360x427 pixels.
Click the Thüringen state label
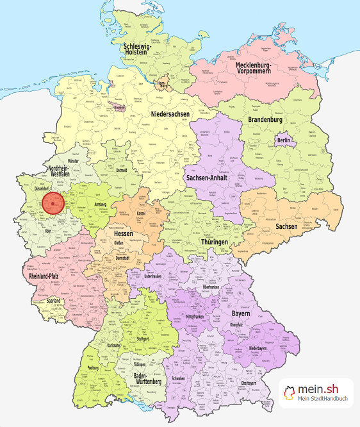[x=214, y=242]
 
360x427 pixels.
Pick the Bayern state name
[x=241, y=315]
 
